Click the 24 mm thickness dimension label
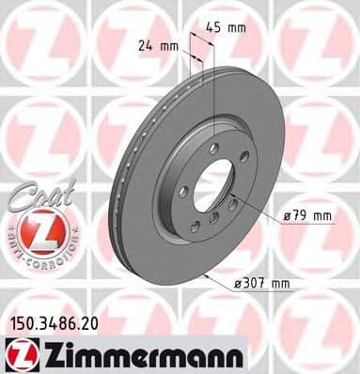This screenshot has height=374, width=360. click(x=157, y=43)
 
